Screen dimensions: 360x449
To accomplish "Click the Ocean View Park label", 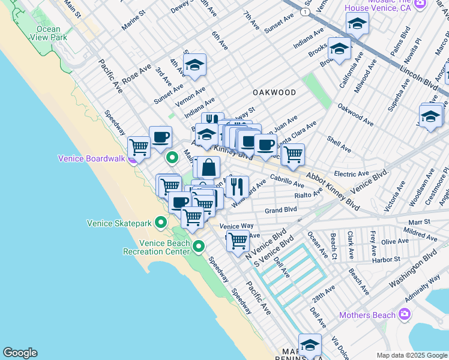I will coord(48,33).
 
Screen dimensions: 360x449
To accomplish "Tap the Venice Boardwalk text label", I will coord(91,158).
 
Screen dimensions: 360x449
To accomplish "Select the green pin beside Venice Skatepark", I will coord(161,223).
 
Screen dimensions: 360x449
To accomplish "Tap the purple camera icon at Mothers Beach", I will coord(405,314).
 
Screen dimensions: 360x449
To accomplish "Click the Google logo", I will coord(20,353).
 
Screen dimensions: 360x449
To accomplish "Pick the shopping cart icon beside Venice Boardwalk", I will coord(139,146).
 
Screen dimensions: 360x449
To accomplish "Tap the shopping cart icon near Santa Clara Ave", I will coord(293,154).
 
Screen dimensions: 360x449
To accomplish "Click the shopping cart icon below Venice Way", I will coord(238,241).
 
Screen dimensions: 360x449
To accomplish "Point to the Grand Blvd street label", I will coord(281,210).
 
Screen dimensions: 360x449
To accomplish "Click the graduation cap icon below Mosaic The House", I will coord(357,25).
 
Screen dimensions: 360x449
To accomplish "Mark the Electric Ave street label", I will coord(351,174).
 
